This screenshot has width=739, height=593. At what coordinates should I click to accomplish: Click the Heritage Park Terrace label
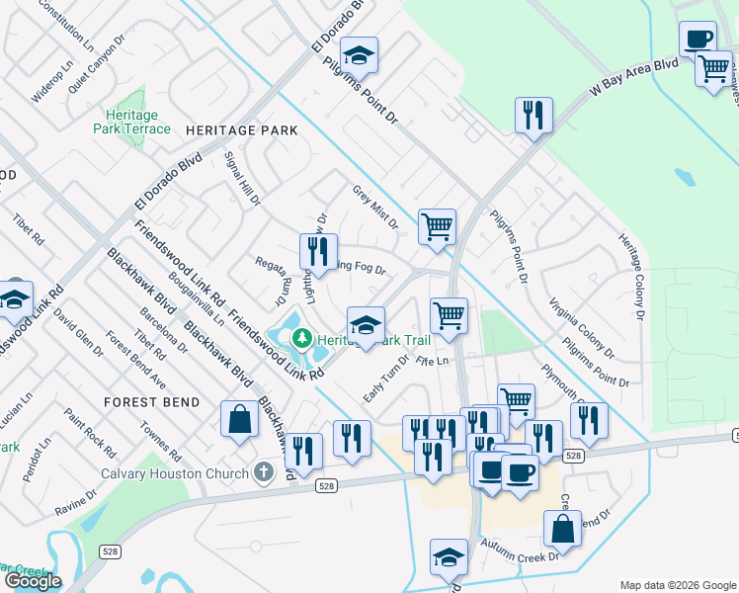[131, 122]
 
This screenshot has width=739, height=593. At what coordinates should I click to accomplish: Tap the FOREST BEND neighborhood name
[152, 402]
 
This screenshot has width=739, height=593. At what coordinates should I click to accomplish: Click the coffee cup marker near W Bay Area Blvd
[698, 40]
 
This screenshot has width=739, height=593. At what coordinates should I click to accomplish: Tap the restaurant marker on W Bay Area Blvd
[534, 115]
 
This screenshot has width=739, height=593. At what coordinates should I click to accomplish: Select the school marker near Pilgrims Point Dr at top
[361, 55]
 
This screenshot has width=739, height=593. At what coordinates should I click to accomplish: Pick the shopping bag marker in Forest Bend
[239, 419]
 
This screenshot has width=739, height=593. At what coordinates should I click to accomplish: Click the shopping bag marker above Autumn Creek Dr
[562, 529]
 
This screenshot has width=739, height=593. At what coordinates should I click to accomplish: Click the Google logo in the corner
[33, 581]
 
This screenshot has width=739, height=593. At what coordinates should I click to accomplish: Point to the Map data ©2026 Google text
[678, 585]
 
